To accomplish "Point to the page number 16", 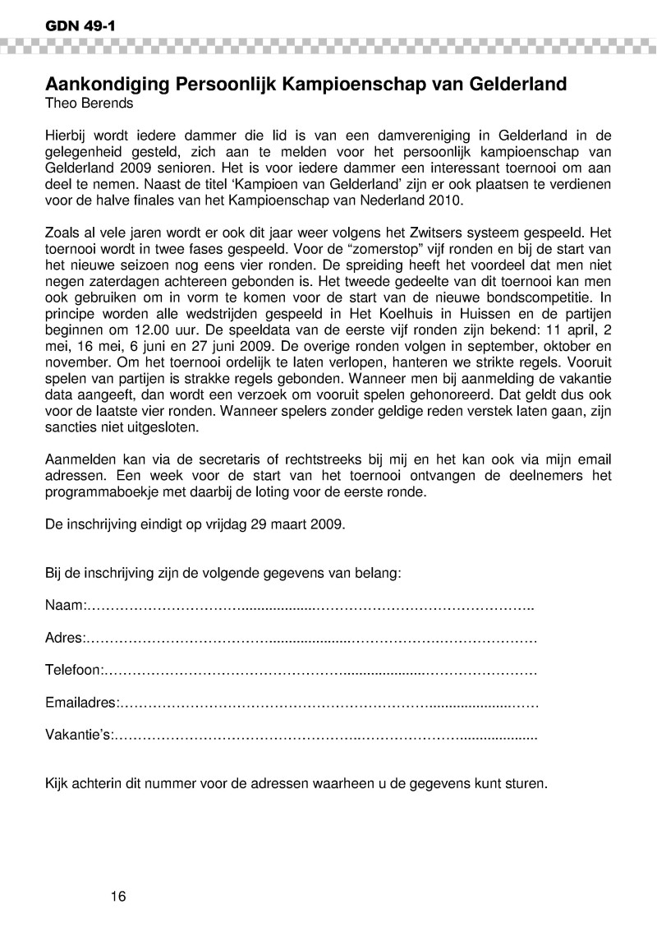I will [x=118, y=895].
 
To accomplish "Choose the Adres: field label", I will [x=65, y=638].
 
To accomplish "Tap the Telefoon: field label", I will [x=73, y=671].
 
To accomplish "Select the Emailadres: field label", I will [x=81, y=703].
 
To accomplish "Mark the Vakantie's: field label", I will [x=79, y=736].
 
